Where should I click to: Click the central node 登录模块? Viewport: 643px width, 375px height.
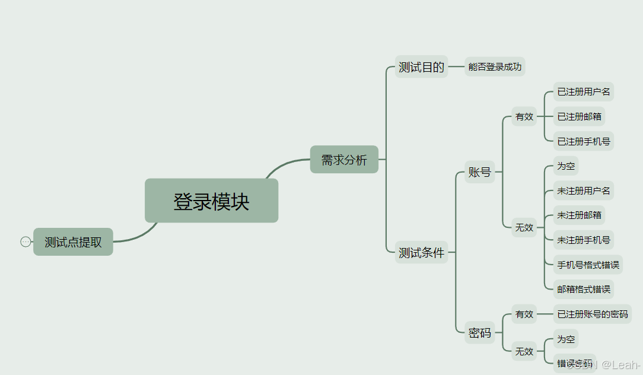[211, 201]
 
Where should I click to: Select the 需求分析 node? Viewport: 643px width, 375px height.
[344, 160]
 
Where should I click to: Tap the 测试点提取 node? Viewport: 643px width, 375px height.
[73, 242]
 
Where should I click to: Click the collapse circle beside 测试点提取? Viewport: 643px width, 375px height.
[26, 241]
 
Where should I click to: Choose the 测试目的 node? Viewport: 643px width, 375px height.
[421, 67]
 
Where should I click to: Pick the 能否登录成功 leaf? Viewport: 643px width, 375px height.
[495, 67]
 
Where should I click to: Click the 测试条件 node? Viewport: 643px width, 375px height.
[421, 253]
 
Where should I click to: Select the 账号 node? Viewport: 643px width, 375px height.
[479, 172]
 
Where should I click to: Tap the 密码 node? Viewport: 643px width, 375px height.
[479, 333]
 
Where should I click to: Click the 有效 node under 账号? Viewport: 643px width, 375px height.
[524, 117]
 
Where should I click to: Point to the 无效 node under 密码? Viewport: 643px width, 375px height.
[524, 351]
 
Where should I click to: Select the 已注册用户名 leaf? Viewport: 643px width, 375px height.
[583, 92]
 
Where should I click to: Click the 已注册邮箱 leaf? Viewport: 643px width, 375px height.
[579, 117]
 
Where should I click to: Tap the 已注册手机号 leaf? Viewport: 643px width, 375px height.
[583, 142]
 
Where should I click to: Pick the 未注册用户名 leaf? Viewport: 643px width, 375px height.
[583, 190]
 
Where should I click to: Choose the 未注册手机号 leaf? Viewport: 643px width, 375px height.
[583, 240]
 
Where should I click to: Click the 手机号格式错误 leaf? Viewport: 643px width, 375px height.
[588, 265]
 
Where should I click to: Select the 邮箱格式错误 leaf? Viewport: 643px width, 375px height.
[583, 290]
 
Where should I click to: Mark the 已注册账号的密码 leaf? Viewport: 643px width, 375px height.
[592, 314]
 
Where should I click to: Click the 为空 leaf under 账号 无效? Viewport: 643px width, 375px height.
[566, 166]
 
